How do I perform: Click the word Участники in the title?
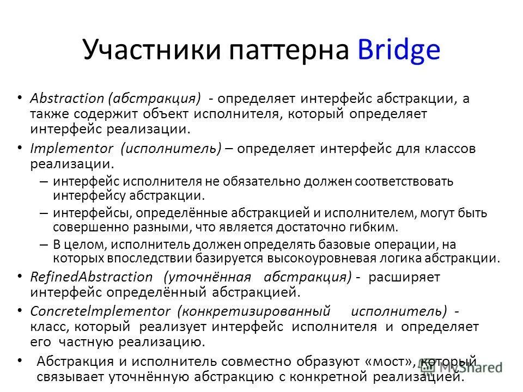point(144,51)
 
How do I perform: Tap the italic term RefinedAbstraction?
point(92,277)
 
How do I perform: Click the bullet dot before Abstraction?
point(20,99)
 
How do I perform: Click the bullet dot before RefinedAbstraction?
point(20,277)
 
